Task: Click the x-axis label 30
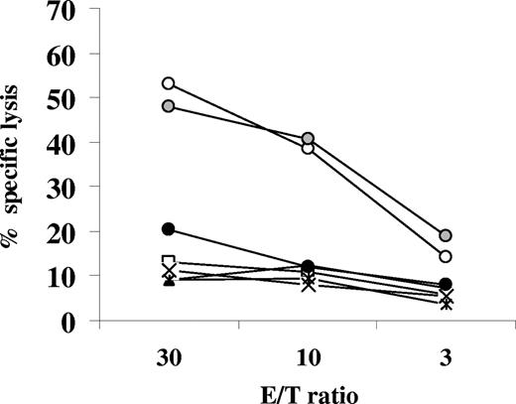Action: [x=168, y=355]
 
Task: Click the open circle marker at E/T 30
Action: [x=169, y=83]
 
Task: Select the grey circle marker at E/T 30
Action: [x=169, y=106]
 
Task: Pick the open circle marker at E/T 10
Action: [x=308, y=148]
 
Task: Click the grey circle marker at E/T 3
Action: [x=447, y=235]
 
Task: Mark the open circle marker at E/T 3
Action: [x=447, y=256]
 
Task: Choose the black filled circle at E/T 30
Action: [x=169, y=229]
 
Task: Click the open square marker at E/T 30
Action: [x=169, y=261]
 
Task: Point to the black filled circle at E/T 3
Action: [x=447, y=284]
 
